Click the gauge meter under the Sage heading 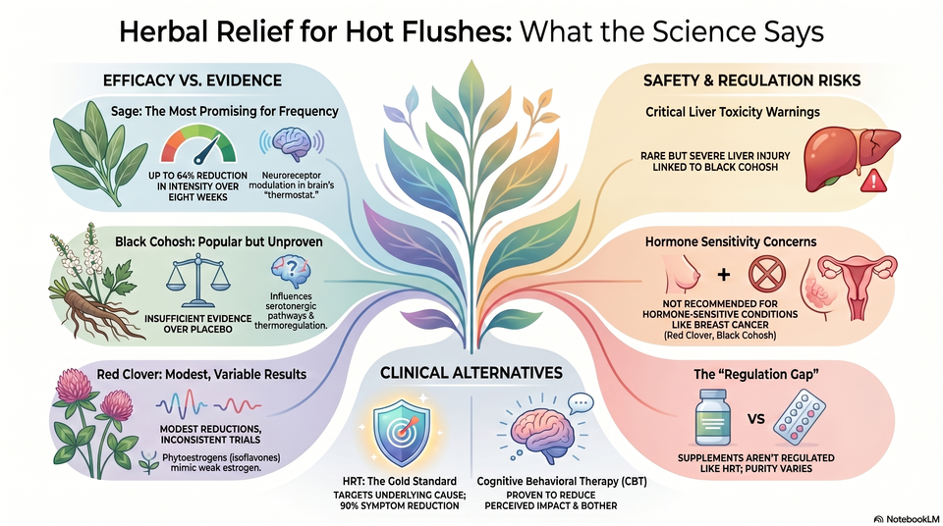[x=197, y=144]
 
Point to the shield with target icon [x=401, y=434]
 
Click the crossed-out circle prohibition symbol [x=767, y=274]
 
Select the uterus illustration [x=857, y=284]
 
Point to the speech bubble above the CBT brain [x=581, y=402]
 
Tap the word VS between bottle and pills [x=756, y=418]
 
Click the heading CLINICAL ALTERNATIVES [x=471, y=373]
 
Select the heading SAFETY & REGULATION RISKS [x=751, y=80]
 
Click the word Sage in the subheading [x=125, y=112]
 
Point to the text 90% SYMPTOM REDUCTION [x=399, y=505]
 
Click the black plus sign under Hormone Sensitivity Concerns [x=724, y=275]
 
